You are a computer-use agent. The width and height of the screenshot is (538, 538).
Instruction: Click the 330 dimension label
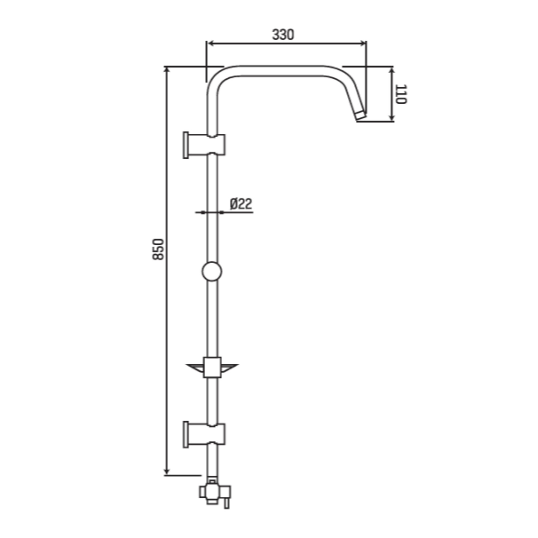(283, 35)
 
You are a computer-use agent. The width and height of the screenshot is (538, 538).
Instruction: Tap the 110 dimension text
(401, 94)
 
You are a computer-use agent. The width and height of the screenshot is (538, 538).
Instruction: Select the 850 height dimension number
(158, 249)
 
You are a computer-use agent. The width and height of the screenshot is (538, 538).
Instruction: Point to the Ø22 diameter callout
(241, 204)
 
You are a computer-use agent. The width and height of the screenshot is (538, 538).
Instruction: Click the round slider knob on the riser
(212, 271)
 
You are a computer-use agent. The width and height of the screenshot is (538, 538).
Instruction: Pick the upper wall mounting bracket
(204, 145)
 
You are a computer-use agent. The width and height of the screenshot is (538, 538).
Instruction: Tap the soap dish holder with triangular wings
(212, 367)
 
